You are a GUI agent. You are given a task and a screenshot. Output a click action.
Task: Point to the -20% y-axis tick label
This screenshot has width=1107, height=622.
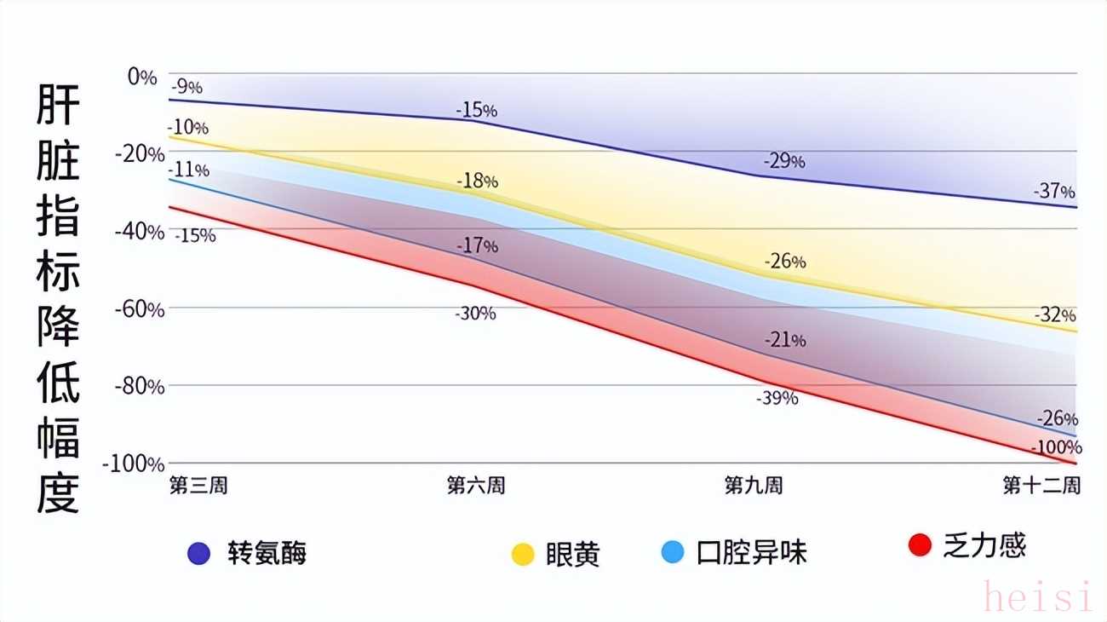139,154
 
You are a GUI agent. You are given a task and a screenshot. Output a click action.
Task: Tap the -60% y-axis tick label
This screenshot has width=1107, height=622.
139,308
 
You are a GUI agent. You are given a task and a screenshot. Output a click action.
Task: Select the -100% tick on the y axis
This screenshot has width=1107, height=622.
134,464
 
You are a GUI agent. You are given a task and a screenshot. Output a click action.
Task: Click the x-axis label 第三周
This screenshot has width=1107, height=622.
198,486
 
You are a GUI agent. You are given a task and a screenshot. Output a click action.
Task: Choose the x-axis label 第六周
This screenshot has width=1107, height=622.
476,486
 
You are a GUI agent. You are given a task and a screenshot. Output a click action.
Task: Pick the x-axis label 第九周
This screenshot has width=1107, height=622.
754,486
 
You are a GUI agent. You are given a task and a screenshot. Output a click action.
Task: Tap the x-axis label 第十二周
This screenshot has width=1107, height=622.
1041,486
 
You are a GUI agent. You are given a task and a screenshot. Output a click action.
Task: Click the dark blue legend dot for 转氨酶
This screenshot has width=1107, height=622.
198,554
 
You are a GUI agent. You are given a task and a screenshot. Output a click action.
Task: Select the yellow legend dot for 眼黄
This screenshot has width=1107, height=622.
523,554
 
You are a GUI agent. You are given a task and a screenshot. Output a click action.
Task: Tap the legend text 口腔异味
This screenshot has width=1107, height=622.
752,553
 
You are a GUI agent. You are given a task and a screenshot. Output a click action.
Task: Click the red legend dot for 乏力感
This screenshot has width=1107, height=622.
920,545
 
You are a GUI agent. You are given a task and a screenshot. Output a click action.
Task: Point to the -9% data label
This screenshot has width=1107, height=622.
186,87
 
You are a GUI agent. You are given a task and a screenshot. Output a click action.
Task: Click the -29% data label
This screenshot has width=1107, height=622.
784,161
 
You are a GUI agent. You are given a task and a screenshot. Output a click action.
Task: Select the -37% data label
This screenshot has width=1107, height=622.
1054,192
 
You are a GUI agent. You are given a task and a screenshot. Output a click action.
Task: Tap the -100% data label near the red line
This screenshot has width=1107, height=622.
1056,447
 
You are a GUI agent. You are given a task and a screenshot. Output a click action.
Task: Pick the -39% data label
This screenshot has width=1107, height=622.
777,398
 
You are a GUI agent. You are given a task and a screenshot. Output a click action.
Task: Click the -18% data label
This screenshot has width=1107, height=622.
477,181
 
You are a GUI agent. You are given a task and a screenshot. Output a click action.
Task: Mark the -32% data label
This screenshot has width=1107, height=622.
1055,315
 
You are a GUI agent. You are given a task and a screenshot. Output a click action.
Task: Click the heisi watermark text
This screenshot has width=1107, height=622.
1037,596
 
